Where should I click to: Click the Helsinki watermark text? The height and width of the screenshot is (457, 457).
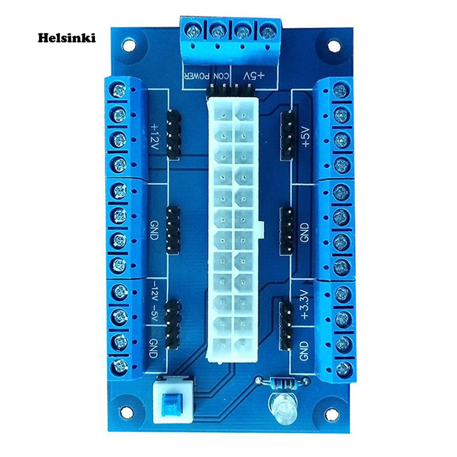tap(67, 38)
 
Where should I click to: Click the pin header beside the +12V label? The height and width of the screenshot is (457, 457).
tap(174, 134)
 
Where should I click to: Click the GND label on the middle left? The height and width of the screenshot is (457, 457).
tap(154, 230)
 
